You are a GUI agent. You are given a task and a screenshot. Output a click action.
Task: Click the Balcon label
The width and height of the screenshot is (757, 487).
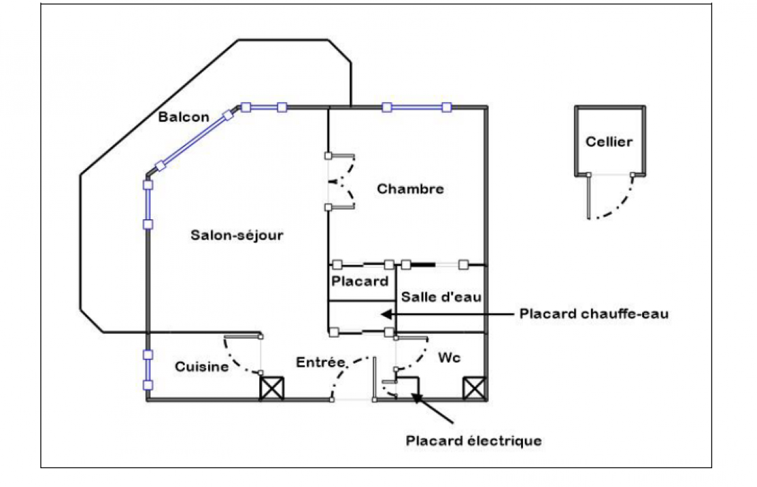pyautogui.click(x=184, y=117)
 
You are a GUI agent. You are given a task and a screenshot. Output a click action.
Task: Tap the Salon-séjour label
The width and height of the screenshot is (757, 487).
pyautogui.click(x=237, y=236)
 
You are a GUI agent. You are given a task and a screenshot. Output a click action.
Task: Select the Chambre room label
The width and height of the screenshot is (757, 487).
pyautogui.click(x=410, y=189)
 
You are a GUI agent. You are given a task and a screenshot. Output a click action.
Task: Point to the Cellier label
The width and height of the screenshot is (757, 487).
pyautogui.click(x=609, y=142)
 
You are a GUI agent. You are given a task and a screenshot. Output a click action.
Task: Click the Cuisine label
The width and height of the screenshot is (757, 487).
pyautogui.click(x=202, y=367)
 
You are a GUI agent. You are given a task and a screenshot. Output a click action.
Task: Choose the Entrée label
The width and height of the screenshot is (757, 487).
pyautogui.click(x=321, y=362)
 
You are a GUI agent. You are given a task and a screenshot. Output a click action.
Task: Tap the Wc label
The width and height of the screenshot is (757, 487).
pyautogui.click(x=449, y=358)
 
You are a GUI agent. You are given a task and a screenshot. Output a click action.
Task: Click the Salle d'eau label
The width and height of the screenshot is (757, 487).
pyautogui.click(x=441, y=297)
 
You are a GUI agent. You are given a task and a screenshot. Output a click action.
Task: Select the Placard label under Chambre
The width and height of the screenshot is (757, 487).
pyautogui.click(x=360, y=281)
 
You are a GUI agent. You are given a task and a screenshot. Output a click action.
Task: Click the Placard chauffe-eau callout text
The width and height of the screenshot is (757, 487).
pyautogui.click(x=594, y=314)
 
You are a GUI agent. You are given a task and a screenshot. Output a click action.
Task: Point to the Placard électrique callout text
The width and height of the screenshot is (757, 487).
pyautogui.click(x=474, y=441)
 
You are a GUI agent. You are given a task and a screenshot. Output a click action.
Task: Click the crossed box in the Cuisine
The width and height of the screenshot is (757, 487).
pyautogui.click(x=272, y=389)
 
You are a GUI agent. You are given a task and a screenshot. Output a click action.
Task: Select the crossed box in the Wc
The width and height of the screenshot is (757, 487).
pyautogui.click(x=475, y=389)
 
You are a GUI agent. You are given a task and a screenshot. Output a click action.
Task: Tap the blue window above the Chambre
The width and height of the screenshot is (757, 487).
pyautogui.click(x=417, y=108)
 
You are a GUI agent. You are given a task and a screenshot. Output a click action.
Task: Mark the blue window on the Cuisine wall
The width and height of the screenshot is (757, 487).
pyautogui.click(x=148, y=370)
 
